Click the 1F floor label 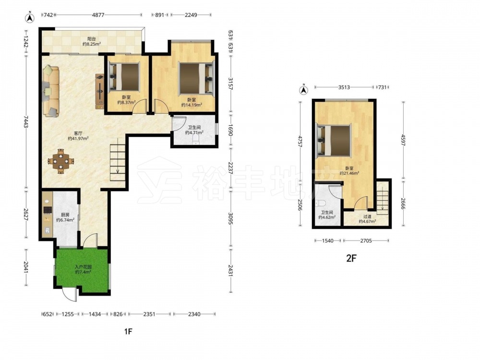pyautogui.click(x=128, y=331)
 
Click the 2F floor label pyautogui.click(x=351, y=258)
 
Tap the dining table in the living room pyautogui.click(x=61, y=161)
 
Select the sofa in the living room pyautogui.click(x=51, y=91)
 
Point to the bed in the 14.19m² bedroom pyautogui.click(x=196, y=78)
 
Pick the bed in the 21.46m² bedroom pyautogui.click(x=334, y=140)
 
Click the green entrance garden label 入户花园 pyautogui.click(x=83, y=266)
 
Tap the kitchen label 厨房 pyautogui.click(x=65, y=215)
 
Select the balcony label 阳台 pyautogui.click(x=92, y=39)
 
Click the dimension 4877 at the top pyautogui.click(x=98, y=15)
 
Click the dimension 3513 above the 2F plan pyautogui.click(x=344, y=87)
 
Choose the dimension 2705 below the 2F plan pyautogui.click(x=366, y=240)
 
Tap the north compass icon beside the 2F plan pyautogui.click(x=303, y=90)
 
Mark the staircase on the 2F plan pyautogui.click(x=382, y=197)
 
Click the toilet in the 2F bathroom pyautogui.click(x=321, y=203)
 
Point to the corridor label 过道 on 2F pyautogui.click(x=367, y=216)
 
